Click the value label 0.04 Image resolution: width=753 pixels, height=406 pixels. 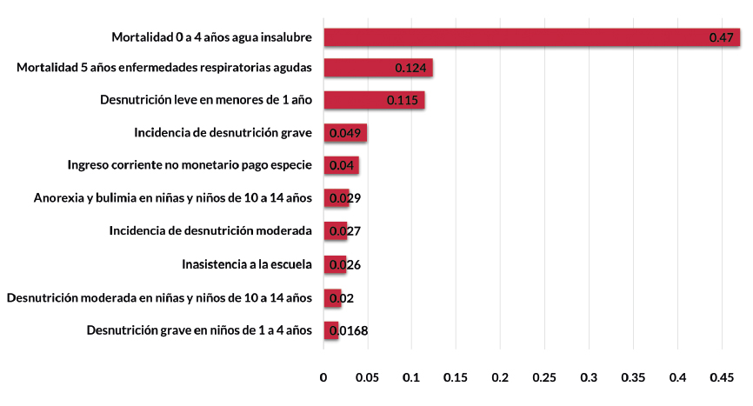[341, 166]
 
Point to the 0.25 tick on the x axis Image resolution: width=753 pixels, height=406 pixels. [544, 378]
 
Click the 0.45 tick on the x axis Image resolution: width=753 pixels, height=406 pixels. [722, 378]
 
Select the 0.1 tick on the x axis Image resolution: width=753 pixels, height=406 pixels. [412, 378]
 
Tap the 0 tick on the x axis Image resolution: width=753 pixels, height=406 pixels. [323, 378]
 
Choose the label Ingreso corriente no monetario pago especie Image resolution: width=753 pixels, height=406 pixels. [189, 165]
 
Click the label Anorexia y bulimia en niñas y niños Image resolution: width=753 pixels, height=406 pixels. [172, 198]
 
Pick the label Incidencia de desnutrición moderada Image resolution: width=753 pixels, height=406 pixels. [210, 231]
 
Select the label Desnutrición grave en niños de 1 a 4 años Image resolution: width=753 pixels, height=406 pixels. [199, 330]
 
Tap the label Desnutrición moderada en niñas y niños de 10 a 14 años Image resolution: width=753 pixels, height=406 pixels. [159, 297]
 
